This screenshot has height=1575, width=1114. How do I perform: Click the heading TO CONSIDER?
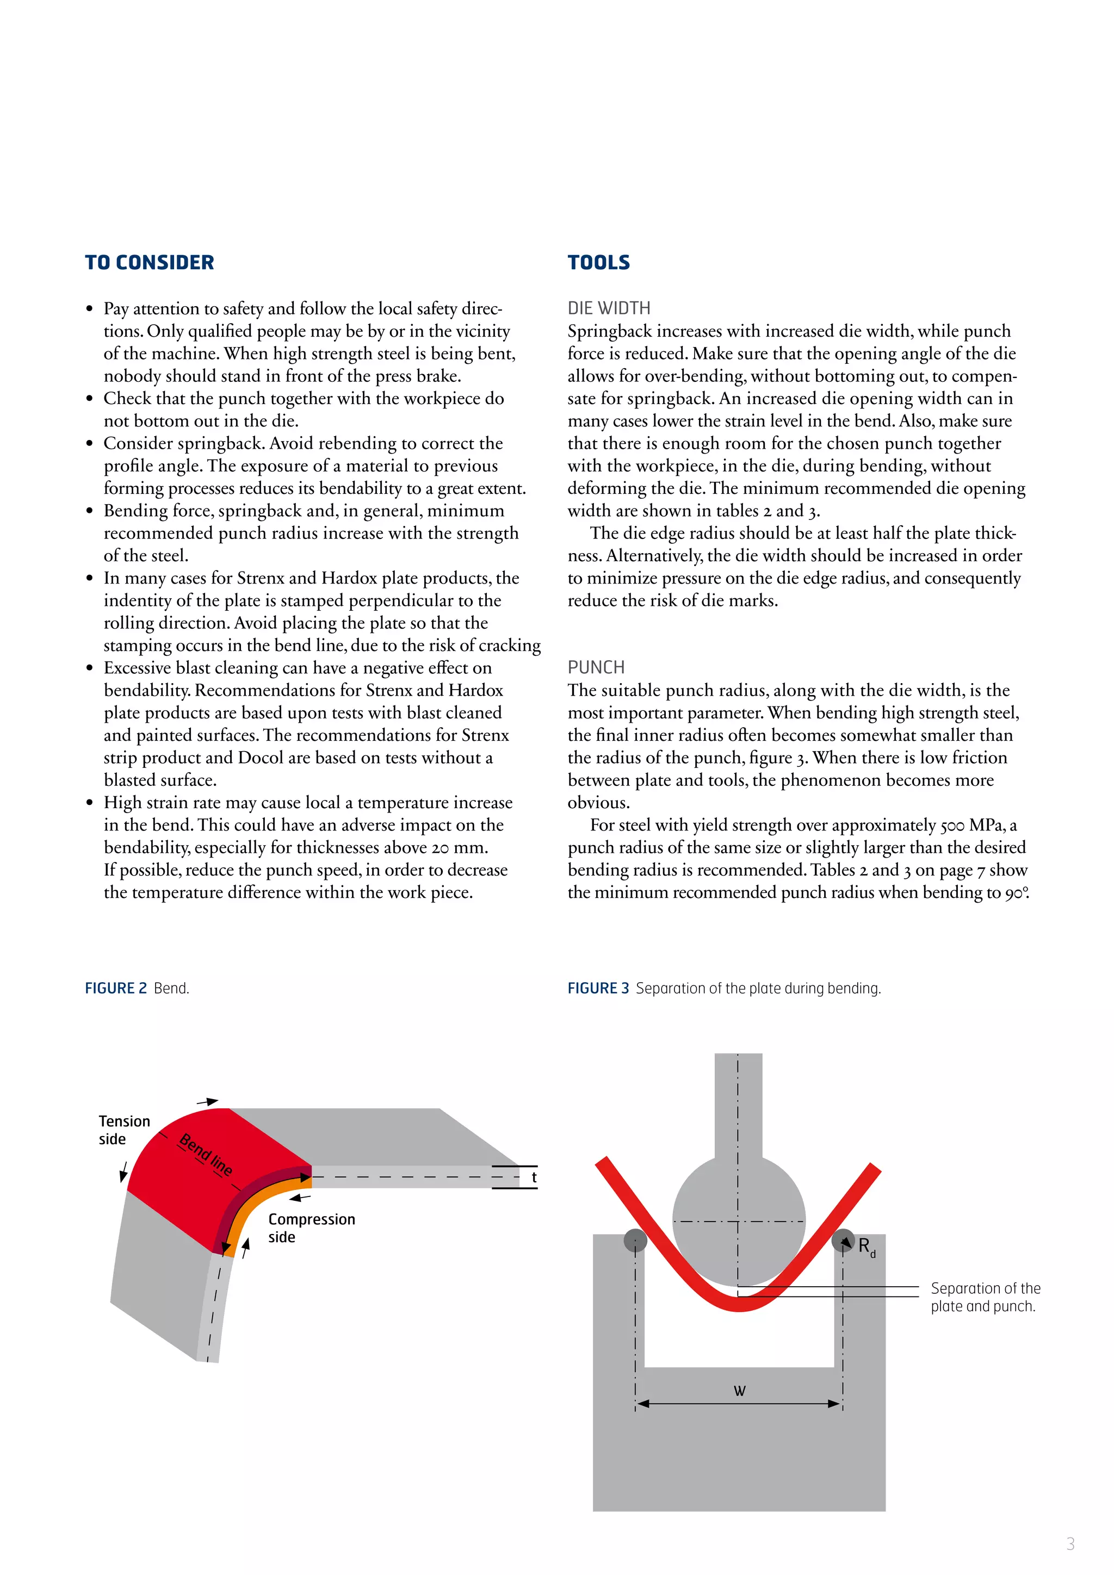[x=149, y=263]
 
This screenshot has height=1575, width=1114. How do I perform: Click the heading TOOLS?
[x=598, y=263]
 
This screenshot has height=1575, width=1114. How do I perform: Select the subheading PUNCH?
[x=596, y=667]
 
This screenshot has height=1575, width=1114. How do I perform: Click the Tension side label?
[x=123, y=1130]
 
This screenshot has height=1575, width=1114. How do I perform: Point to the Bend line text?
[x=205, y=1155]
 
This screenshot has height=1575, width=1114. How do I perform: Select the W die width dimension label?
[x=739, y=1391]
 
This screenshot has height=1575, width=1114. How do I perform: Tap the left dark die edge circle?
[x=635, y=1240]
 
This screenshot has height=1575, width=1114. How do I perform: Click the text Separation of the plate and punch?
[x=985, y=1297]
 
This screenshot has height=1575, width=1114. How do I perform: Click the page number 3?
[x=1070, y=1543]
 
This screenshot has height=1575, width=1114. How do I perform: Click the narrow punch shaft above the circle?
[x=738, y=1105]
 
